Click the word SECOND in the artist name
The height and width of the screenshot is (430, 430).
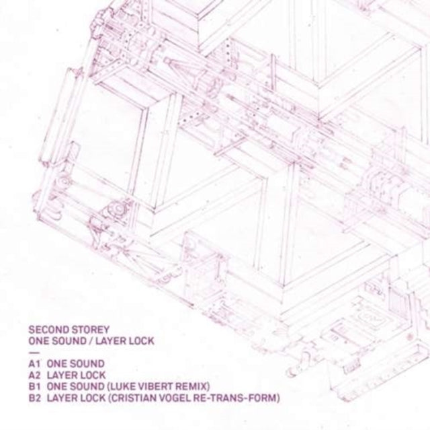click(x=48, y=329)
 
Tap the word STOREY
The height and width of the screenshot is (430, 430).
click(x=90, y=329)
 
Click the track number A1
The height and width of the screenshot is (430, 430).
click(x=34, y=364)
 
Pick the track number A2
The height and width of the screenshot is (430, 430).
click(x=34, y=375)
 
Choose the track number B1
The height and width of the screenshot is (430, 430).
click(x=34, y=387)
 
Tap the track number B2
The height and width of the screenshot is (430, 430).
click(x=34, y=398)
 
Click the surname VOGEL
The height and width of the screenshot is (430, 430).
click(x=178, y=398)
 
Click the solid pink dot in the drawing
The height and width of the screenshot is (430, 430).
click(x=411, y=336)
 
